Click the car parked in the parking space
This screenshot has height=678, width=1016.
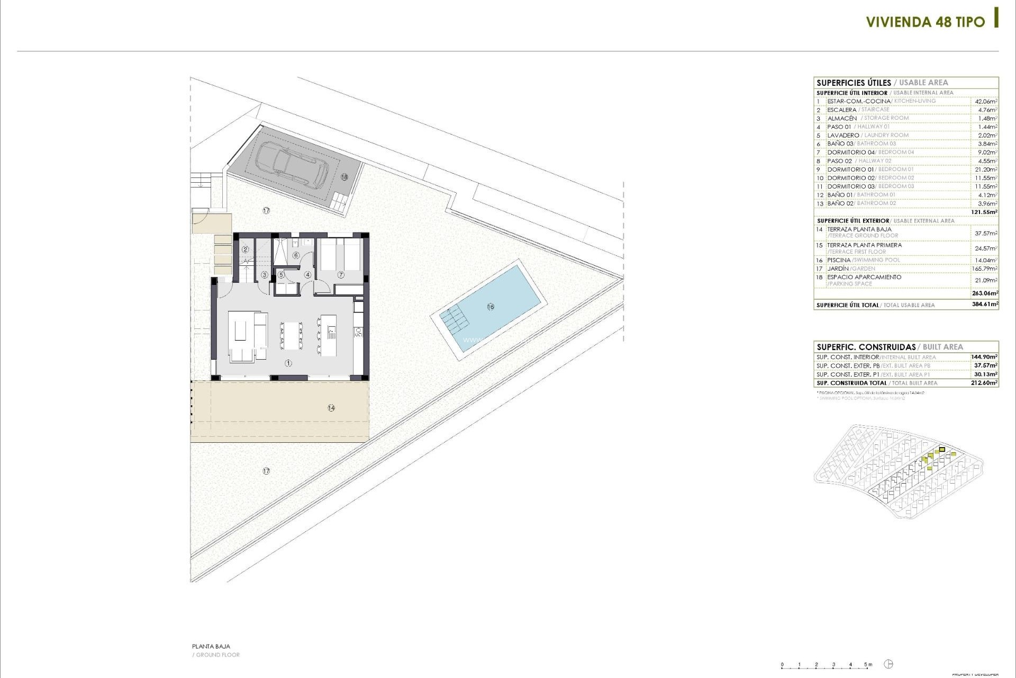click(292, 164)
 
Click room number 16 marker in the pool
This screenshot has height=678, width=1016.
click(491, 307)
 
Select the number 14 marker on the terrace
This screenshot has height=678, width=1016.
click(331, 408)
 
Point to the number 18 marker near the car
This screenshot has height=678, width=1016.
click(344, 177)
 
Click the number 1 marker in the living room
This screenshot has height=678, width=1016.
click(288, 363)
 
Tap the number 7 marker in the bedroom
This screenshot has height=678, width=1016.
click(341, 274)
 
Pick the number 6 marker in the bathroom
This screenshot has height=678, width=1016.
click(296, 255)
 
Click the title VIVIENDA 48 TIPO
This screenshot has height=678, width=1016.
click(925, 22)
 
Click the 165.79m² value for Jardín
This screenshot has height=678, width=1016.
click(985, 269)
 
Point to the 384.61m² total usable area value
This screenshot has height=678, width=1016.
click(985, 305)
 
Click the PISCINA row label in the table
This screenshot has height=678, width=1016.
click(839, 260)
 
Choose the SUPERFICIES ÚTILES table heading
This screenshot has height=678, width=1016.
click(854, 83)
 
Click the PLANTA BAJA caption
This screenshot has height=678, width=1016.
click(211, 646)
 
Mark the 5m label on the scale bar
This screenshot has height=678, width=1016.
click(868, 665)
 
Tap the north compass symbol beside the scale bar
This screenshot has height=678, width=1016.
click(889, 664)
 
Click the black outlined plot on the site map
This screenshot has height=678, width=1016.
click(942, 450)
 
